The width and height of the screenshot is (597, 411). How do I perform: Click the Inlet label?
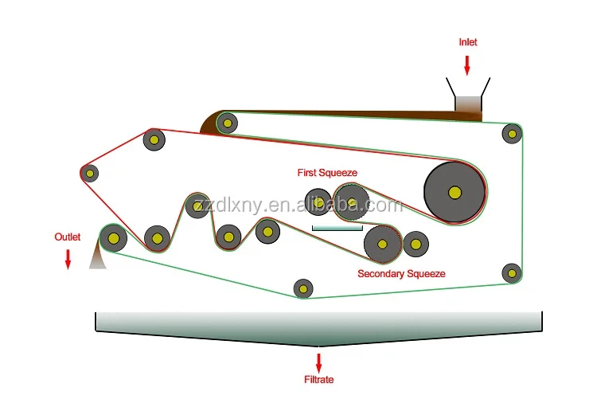(x=467, y=42)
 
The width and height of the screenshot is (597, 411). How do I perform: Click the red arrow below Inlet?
(x=467, y=65)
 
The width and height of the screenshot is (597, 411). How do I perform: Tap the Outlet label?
(x=68, y=237)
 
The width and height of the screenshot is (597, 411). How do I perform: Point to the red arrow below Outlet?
(x=68, y=260)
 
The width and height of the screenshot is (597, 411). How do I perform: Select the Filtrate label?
(x=318, y=379)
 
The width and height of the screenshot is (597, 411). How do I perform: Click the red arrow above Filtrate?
(x=318, y=363)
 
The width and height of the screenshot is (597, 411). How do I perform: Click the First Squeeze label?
(x=327, y=173)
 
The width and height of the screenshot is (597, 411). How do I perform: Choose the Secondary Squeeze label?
(x=401, y=273)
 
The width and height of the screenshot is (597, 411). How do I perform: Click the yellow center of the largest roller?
(x=455, y=193)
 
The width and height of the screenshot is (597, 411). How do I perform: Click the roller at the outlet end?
(x=113, y=238)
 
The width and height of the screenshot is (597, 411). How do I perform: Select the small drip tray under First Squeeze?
(x=338, y=228)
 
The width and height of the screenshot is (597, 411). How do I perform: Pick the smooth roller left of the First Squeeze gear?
(x=318, y=202)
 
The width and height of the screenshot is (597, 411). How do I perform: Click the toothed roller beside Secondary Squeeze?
(x=382, y=245)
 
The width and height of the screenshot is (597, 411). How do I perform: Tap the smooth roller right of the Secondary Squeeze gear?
(x=416, y=244)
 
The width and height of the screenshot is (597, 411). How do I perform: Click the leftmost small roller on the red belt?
(x=90, y=174)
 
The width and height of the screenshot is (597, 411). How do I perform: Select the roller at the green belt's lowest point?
(x=303, y=288)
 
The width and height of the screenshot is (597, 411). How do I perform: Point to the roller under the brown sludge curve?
(x=228, y=123)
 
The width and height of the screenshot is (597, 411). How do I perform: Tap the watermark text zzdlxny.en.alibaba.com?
(x=298, y=205)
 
